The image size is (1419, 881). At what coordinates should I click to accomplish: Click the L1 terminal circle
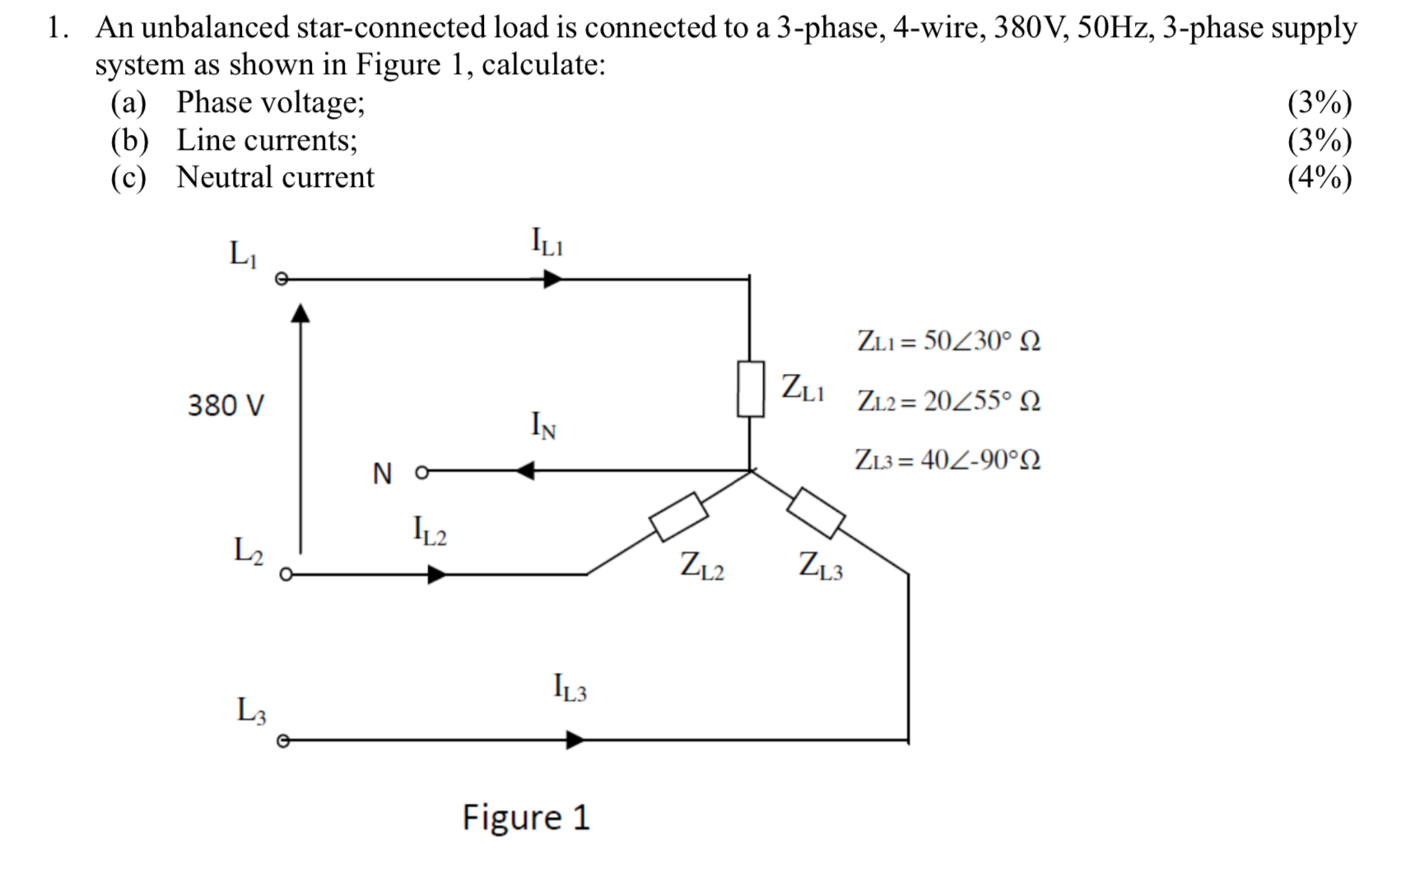[x=281, y=280]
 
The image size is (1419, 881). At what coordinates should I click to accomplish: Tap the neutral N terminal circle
[x=422, y=473]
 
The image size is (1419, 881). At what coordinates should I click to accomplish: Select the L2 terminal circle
[x=286, y=575]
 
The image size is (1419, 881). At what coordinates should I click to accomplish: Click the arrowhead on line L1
[x=553, y=280]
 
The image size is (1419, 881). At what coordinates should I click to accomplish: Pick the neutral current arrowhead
[x=525, y=471]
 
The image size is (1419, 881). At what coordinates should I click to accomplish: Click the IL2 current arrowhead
[x=437, y=574]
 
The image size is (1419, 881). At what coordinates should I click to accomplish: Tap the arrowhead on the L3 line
[x=575, y=740]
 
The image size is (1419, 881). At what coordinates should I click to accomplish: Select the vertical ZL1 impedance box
[x=750, y=389]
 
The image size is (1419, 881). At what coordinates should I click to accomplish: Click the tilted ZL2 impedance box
[x=679, y=516]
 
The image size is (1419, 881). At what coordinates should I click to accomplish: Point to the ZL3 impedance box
[x=816, y=513]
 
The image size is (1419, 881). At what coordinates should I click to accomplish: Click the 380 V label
[x=226, y=406]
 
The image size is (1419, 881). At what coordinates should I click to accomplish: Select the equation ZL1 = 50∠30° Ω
[x=948, y=341]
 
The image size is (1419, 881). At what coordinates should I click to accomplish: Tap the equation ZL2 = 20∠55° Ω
[x=948, y=401]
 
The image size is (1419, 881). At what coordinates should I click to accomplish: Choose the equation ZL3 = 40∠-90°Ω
[x=947, y=459]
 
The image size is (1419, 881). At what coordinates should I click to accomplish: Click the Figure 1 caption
[x=526, y=818]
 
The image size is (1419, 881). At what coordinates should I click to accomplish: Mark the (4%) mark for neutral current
[x=1319, y=178]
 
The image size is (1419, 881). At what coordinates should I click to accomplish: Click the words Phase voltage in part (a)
[x=269, y=102]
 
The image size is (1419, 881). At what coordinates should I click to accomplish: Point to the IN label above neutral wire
[x=542, y=426]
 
